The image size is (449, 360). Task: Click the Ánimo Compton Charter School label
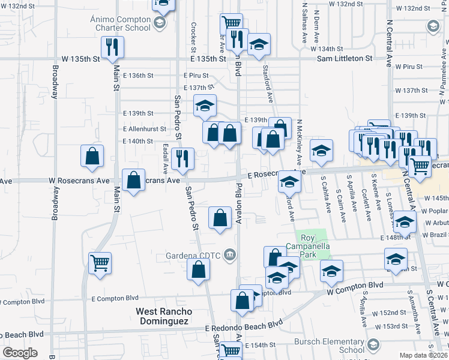point(120,23)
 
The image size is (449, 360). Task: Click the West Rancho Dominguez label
point(164,316)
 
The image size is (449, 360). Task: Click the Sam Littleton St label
point(345,59)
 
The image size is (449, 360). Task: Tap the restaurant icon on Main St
point(111,47)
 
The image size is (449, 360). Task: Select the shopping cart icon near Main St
point(100,262)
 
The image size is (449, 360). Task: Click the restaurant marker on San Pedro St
point(182,159)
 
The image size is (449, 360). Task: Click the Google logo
point(20,353)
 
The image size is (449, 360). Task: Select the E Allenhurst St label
point(145,129)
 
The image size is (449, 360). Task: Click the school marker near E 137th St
point(205,106)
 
